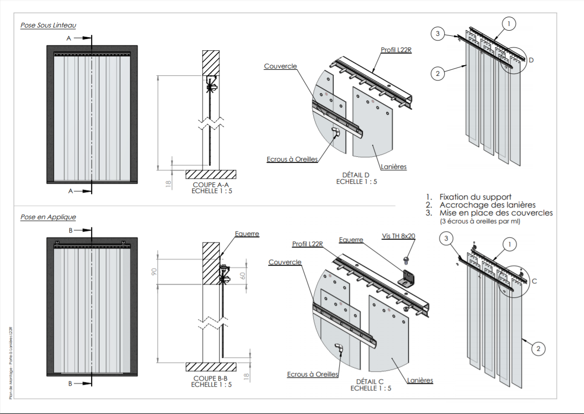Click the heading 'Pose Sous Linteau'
(48, 25)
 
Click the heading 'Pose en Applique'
(48, 217)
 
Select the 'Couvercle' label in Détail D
(280, 67)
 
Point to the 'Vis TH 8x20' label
(398, 236)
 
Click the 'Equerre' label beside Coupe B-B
(247, 234)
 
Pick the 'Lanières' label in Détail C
(420, 381)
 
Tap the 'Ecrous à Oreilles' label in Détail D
(292, 159)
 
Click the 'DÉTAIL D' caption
(356, 175)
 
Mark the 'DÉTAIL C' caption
(370, 381)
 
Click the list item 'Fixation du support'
(475, 197)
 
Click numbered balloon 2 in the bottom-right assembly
(538, 348)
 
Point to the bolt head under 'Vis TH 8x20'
(406, 258)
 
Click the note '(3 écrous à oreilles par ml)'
(480, 221)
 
